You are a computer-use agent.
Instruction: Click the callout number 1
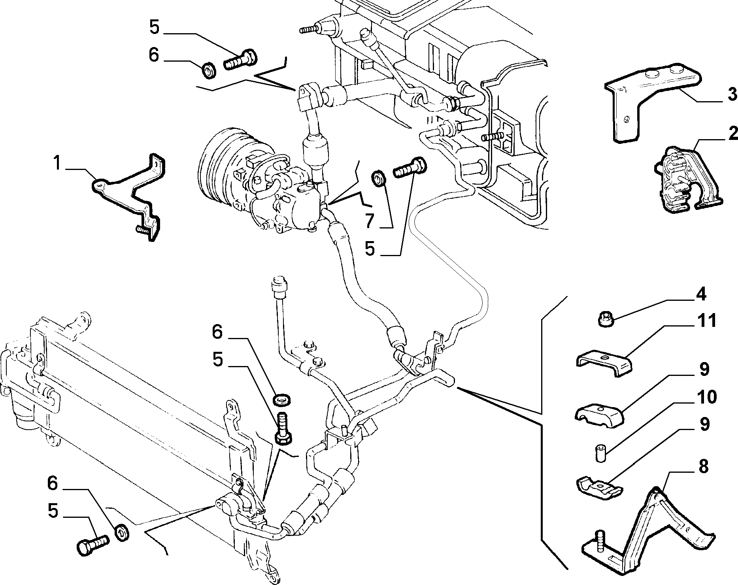click(x=58, y=163)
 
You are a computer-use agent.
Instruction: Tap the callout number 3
click(x=732, y=94)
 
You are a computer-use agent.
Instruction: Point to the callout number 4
click(x=701, y=294)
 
